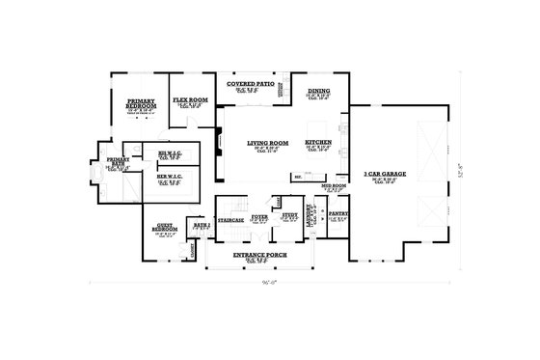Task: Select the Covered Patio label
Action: pos(248,84)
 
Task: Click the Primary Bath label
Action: pos(119,161)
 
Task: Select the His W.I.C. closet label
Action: pos(170,153)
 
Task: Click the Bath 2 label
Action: pos(201,223)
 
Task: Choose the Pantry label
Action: pos(337,214)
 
